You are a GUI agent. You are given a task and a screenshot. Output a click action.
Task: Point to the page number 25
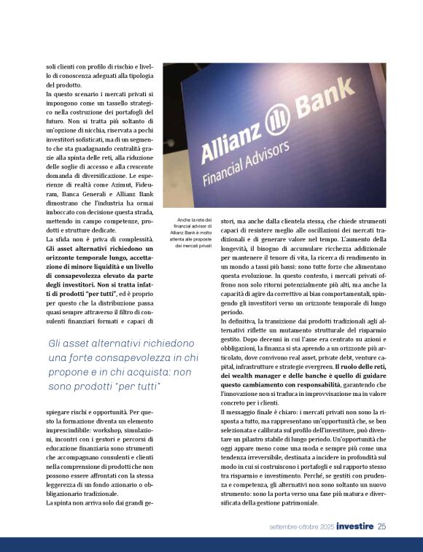coord(381,526)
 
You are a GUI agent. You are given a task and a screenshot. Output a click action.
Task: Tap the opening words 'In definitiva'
coord(241,321)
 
